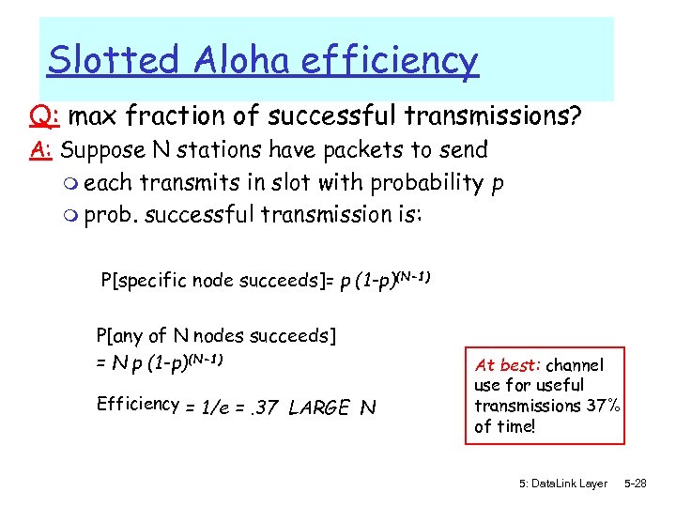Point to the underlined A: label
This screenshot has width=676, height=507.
(41, 150)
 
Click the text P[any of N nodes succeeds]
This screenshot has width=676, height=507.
(216, 335)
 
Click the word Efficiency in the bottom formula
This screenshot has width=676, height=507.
(138, 405)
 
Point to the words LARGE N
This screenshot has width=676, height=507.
(331, 407)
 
